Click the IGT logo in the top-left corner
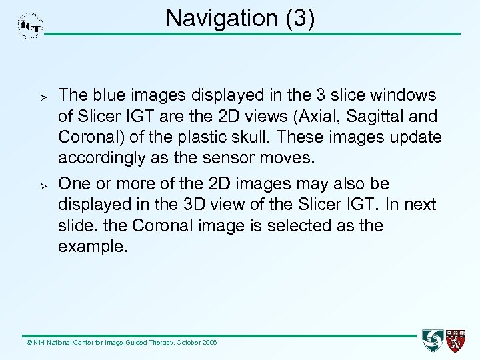(x=31, y=26)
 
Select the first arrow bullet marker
(x=27, y=96)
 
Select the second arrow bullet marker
(x=27, y=183)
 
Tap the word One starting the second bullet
(x=73, y=183)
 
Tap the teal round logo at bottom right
(x=433, y=340)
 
